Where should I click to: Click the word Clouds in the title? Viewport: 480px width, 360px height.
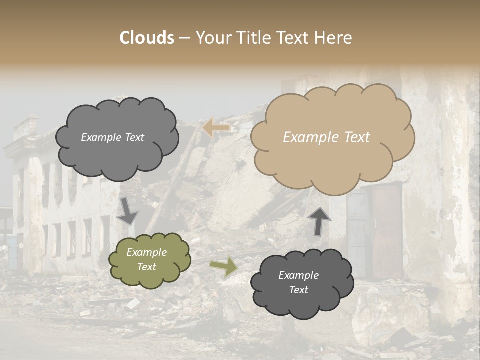click(x=147, y=38)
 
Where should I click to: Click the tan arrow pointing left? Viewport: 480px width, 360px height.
click(x=216, y=128)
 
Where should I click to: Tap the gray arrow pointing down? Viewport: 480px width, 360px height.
click(x=128, y=211)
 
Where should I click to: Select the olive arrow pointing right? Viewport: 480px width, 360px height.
click(x=223, y=266)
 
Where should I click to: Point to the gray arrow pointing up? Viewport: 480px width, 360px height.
click(x=319, y=221)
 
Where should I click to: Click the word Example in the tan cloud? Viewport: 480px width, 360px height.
click(x=306, y=137)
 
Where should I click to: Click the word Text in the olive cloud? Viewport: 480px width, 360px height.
click(x=147, y=267)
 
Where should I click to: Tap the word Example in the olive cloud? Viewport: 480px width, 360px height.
click(x=146, y=252)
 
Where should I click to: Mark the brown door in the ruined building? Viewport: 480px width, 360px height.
click(x=386, y=230)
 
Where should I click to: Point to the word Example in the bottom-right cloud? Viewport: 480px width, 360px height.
click(x=298, y=275)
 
